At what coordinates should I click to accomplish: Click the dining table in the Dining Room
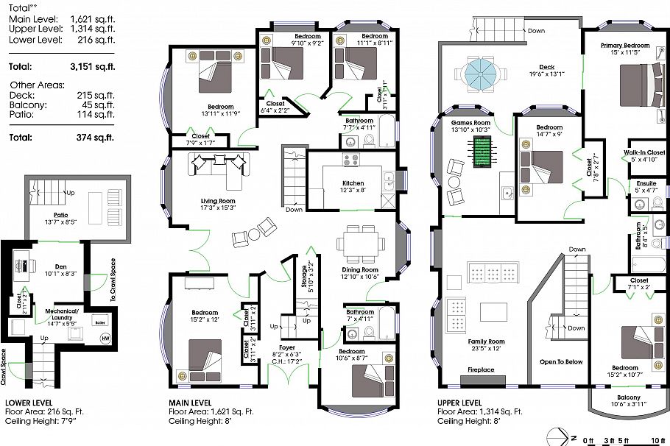point(360,243)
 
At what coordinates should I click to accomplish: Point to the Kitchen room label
point(353,183)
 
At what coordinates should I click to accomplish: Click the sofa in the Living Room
point(219,167)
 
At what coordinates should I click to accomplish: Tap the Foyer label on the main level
point(287,347)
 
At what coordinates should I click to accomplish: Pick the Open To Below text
point(561,361)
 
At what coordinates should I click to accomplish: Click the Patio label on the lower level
point(56,214)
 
